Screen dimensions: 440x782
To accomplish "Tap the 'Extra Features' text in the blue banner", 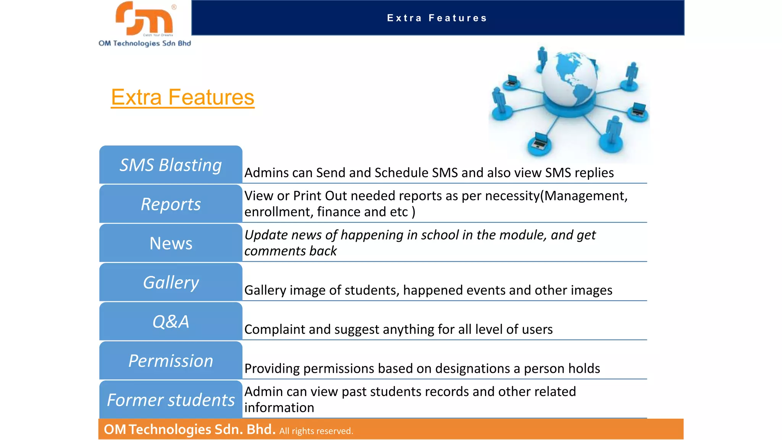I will click(437, 18).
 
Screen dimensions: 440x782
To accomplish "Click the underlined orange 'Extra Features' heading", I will click(183, 97).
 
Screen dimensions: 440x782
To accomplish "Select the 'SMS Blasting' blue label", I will click(171, 165).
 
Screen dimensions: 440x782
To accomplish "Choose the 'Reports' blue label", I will click(171, 204).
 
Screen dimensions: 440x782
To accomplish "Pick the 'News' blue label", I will click(171, 243).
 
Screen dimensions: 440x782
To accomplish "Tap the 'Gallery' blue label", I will click(171, 283).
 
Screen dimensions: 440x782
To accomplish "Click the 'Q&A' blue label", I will click(171, 322).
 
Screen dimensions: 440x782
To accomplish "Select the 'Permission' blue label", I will click(171, 361).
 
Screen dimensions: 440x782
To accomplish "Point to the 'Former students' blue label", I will click(171, 400).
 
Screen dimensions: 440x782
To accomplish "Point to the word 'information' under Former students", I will click(279, 408).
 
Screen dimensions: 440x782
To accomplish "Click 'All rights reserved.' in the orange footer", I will click(316, 431).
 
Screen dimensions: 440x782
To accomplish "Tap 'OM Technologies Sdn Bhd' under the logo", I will click(145, 43).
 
